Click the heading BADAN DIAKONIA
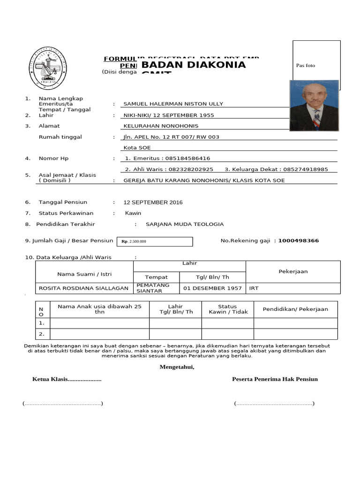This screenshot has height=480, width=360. [x=193, y=65]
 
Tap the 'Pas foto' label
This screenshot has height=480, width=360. [x=306, y=66]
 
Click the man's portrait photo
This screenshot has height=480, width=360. [x=314, y=105]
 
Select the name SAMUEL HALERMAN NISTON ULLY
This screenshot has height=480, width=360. [x=173, y=104]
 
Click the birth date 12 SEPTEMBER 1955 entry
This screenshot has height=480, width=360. [x=169, y=115]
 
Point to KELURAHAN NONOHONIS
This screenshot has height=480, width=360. [x=161, y=126]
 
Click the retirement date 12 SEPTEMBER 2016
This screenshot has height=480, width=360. [x=153, y=202]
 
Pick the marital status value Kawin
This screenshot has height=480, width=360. [x=133, y=213]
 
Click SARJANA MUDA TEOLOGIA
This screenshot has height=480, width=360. [x=185, y=225]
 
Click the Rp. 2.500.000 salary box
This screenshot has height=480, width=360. [x=154, y=241]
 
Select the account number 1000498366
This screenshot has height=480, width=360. [x=298, y=241]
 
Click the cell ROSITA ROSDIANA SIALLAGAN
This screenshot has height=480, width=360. [x=84, y=288]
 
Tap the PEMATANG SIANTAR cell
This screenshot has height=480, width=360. [x=153, y=288]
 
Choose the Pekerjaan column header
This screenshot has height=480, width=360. [x=292, y=271]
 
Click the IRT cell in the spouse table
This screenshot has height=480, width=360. [x=254, y=288]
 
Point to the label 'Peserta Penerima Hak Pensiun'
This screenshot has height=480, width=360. [x=275, y=379]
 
